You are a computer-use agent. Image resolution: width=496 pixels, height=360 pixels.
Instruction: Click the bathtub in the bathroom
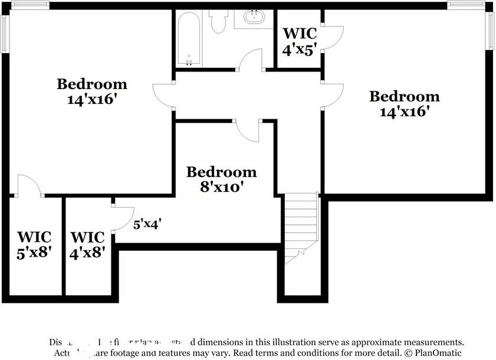click(189, 39)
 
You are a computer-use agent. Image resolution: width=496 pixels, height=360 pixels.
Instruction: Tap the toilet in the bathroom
click(219, 22)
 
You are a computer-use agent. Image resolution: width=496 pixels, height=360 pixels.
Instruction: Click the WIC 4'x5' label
click(299, 41)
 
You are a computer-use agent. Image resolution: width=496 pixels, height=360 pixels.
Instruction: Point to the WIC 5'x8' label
click(34, 244)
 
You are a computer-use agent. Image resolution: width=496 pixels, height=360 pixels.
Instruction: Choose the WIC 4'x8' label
click(88, 244)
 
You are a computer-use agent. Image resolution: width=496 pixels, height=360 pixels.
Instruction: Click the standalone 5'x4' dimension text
click(147, 224)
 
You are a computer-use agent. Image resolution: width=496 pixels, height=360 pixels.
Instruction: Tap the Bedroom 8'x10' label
click(221, 179)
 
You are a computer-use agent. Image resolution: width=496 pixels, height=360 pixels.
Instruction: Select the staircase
click(301, 227)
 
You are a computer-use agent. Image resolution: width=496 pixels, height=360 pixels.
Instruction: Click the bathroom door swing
click(251, 61)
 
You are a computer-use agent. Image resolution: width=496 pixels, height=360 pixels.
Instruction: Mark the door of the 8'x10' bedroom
click(248, 132)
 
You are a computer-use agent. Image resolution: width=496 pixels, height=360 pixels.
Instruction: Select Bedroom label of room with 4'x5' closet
click(404, 103)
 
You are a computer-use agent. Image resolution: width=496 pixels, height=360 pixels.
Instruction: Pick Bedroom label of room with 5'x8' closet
click(91, 91)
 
